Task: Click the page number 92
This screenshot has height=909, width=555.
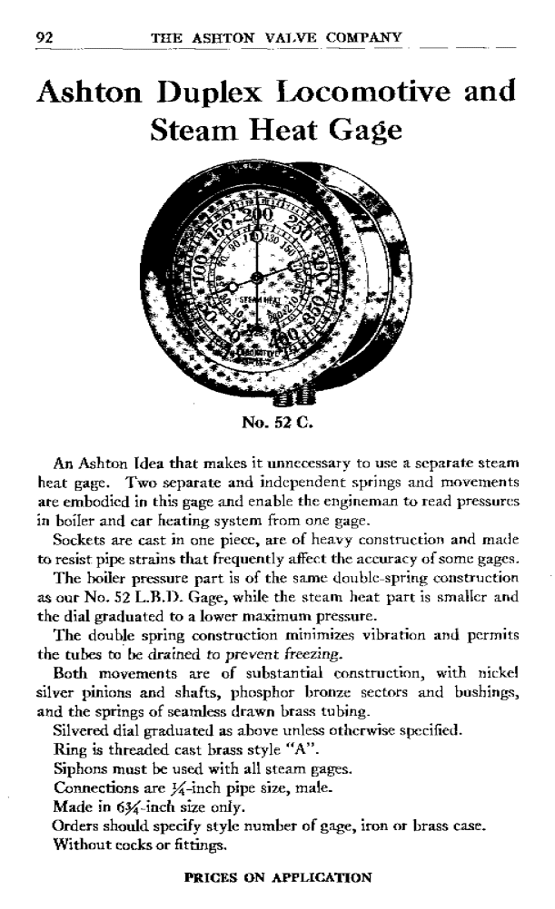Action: [x=42, y=37]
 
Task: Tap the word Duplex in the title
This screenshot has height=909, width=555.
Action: [x=224, y=93]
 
